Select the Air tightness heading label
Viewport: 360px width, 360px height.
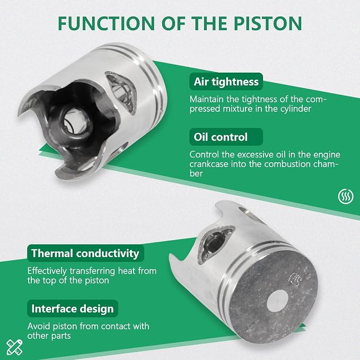[226, 82]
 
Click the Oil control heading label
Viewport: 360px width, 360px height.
[226, 137]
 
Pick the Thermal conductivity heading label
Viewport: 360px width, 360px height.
[85, 253]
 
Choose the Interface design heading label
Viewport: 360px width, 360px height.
[73, 309]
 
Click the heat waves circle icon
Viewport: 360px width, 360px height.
[346, 197]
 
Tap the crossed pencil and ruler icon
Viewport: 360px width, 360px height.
[14, 347]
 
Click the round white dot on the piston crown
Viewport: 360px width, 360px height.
[278, 301]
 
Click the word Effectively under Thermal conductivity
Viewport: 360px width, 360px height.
[47, 271]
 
